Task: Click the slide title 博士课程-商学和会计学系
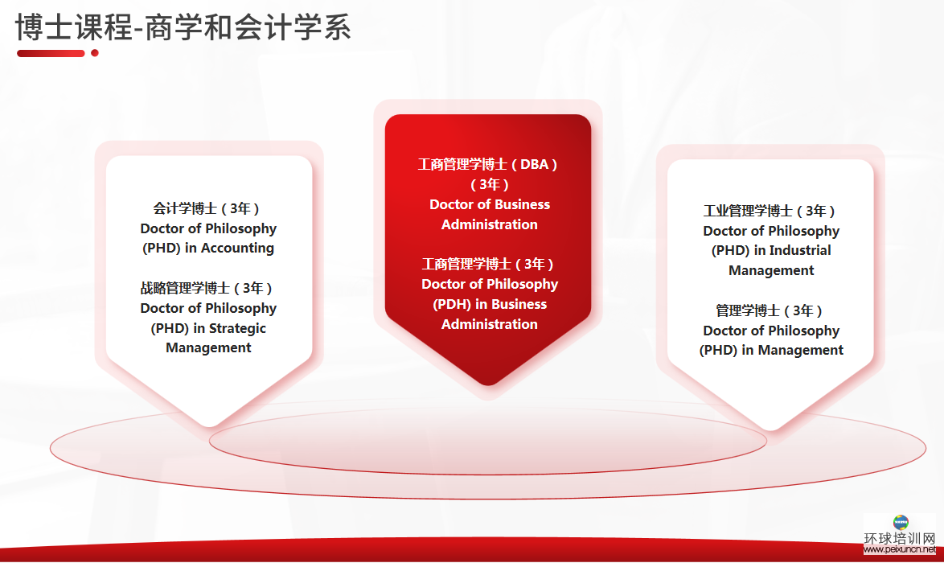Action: click(x=183, y=27)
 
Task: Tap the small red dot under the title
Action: click(x=95, y=53)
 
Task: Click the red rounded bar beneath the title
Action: click(x=51, y=53)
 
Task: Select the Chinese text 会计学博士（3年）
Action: click(x=207, y=208)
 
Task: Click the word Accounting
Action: click(x=237, y=248)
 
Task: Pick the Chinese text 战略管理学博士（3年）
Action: click(x=207, y=288)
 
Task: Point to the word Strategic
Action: click(x=237, y=328)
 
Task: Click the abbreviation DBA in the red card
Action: click(x=534, y=164)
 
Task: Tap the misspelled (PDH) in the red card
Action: click(x=452, y=304)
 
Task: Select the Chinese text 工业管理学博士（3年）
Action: click(x=770, y=211)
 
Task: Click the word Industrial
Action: click(x=800, y=250)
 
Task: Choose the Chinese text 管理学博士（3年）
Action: click(x=770, y=310)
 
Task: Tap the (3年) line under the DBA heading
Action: click(x=490, y=184)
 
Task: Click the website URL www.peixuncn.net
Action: click(x=900, y=549)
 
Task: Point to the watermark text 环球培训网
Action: click(x=900, y=538)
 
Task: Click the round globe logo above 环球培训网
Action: click(x=901, y=522)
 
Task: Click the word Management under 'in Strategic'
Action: click(x=208, y=348)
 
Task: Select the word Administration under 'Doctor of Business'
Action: click(x=490, y=224)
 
